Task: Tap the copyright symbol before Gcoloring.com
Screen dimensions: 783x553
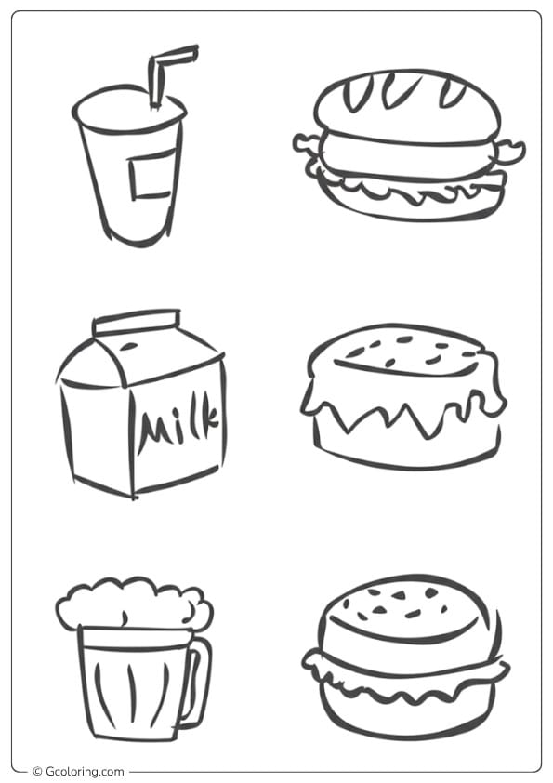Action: (37, 771)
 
